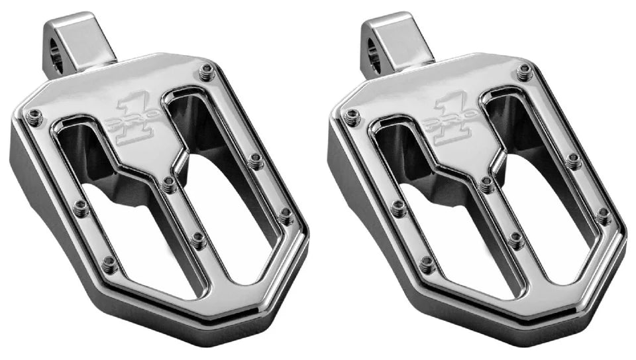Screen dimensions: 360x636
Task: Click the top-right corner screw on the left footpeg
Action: click(x=207, y=69)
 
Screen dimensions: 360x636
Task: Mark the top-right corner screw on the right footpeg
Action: click(x=525, y=69)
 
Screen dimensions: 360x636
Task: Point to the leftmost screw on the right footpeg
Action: click(x=352, y=117)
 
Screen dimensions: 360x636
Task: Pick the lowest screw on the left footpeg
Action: click(x=110, y=265)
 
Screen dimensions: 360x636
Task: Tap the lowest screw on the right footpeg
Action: click(x=428, y=265)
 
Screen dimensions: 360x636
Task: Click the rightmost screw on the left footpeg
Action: click(x=286, y=214)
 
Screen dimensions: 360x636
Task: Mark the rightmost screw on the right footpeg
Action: click(x=604, y=214)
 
